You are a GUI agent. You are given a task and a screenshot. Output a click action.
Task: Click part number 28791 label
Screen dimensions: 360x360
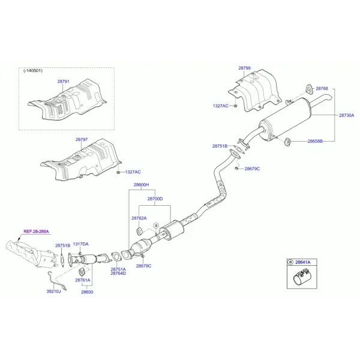click(63, 81)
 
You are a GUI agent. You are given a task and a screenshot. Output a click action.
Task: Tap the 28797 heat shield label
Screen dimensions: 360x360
click(82, 139)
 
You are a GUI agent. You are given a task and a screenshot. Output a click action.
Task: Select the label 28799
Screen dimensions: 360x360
click(244, 68)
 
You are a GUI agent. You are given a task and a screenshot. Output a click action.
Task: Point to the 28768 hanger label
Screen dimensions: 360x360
click(322, 88)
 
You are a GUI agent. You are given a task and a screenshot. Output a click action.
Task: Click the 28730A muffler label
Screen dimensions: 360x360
click(346, 115)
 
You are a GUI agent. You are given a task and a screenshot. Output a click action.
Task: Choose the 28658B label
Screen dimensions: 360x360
click(315, 141)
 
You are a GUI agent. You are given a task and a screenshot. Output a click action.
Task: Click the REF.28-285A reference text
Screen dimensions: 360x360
click(36, 232)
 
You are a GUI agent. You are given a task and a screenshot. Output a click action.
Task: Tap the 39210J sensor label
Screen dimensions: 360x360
click(54, 292)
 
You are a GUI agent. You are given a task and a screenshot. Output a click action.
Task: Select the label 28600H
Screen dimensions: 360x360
click(141, 185)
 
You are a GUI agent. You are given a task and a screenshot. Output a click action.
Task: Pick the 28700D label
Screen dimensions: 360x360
click(155, 199)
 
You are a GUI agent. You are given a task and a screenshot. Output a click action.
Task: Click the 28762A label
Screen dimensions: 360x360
click(139, 218)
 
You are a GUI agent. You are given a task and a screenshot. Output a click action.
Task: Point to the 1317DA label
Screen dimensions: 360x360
click(80, 244)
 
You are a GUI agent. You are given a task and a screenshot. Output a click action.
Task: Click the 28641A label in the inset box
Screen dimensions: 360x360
click(302, 262)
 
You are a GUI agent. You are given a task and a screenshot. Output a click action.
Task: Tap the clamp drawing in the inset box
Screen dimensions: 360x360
click(302, 277)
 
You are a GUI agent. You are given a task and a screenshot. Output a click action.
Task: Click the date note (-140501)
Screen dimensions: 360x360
click(33, 70)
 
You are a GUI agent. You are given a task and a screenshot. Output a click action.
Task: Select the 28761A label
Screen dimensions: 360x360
click(83, 280)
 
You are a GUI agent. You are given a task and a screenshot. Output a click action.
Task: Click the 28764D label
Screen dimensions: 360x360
click(118, 273)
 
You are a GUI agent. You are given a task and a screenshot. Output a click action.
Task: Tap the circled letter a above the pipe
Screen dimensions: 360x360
click(156, 225)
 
